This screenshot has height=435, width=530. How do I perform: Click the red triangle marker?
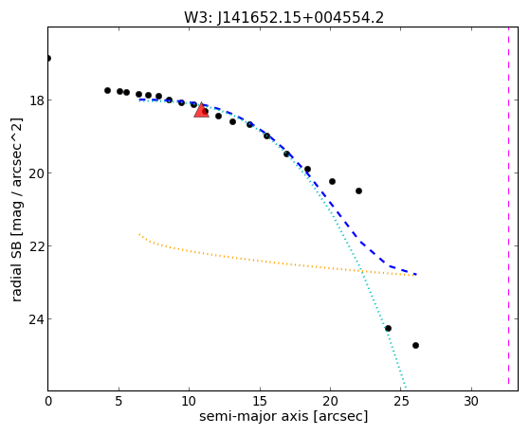click(x=201, y=110)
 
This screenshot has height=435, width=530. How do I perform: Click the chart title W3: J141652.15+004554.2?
click(x=283, y=17)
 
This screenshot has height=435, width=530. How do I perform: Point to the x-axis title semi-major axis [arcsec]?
click(x=283, y=416)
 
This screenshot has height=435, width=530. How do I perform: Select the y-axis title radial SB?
click(x=16, y=268)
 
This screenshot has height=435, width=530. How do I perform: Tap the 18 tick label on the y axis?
click(x=37, y=100)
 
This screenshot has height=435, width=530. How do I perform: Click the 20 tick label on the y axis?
click(x=37, y=173)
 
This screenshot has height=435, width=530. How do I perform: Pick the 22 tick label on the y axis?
click(x=37, y=246)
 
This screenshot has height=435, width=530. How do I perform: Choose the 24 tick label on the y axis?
click(x=37, y=319)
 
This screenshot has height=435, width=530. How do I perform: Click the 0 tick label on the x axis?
click(x=48, y=401)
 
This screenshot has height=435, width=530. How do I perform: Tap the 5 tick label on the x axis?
click(x=119, y=401)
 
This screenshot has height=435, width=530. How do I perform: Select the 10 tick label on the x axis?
click(x=189, y=401)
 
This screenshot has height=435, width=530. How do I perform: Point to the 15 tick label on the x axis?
click(x=260, y=401)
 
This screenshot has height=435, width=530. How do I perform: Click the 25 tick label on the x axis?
click(x=400, y=401)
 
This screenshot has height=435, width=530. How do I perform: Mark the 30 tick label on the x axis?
click(x=471, y=401)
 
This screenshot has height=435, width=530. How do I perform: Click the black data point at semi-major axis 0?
click(x=48, y=58)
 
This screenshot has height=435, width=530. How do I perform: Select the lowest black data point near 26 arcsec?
click(x=416, y=345)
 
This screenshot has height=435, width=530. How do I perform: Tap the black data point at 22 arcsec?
click(x=359, y=191)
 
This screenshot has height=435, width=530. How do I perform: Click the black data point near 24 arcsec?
click(x=388, y=328)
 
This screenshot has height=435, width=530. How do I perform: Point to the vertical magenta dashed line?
click(x=508, y=208)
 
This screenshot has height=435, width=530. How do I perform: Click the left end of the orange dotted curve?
click(x=139, y=233)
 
